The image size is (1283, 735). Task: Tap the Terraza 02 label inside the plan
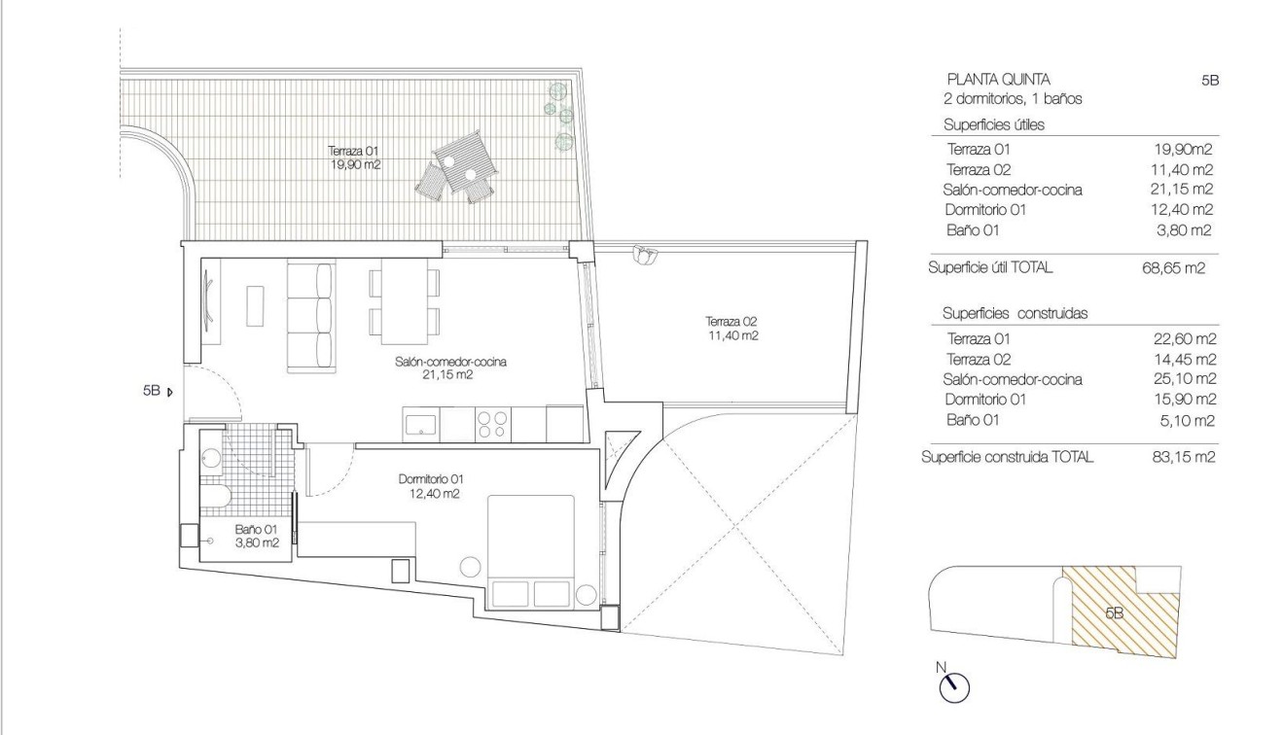pos(732,328)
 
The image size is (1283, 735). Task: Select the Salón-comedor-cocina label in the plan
pos(451,367)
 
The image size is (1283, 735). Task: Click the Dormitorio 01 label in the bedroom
pos(432,485)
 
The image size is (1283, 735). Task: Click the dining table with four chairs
pos(404,297)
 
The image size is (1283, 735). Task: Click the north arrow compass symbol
pos(953,684)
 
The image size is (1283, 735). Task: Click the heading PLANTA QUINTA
pos(997,80)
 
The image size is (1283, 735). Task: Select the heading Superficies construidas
pos(1015,314)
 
